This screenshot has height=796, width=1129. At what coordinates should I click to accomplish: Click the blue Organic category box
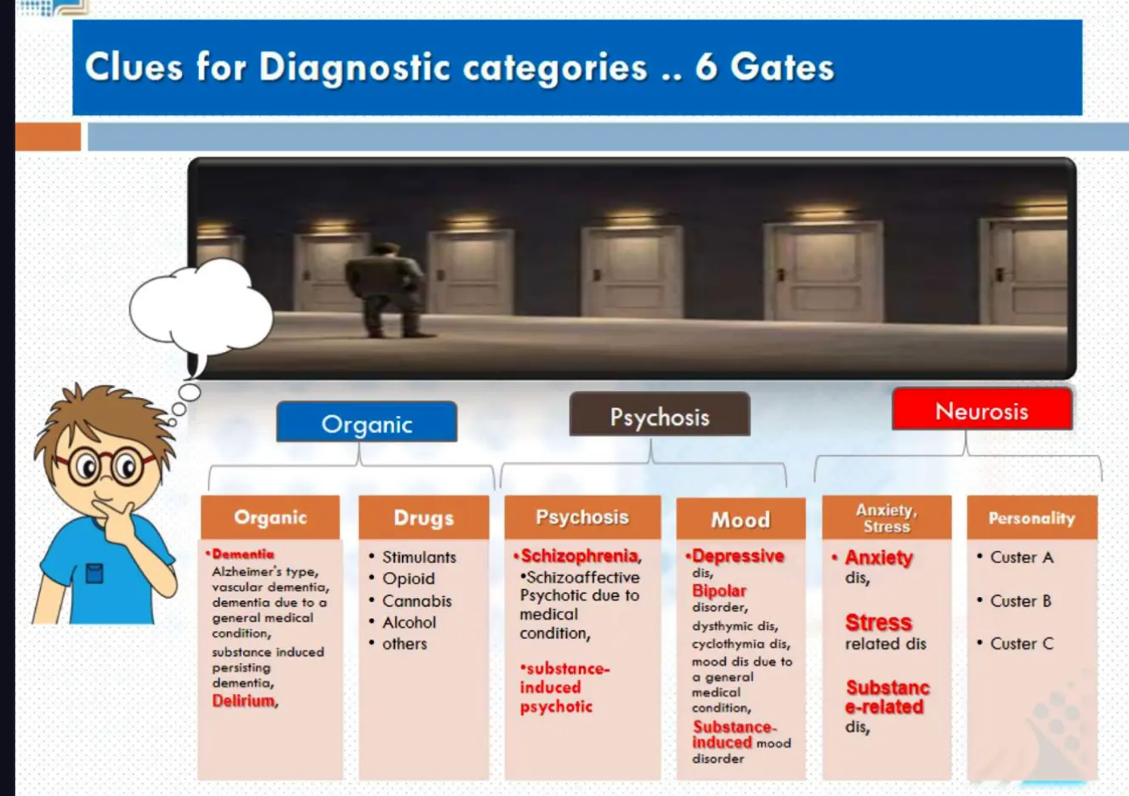coord(366,423)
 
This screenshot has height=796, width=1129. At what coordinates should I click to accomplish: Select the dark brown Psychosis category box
coord(660,416)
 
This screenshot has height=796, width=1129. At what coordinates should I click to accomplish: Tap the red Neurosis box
coord(982,411)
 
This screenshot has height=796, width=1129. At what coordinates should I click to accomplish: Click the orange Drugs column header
coord(423,517)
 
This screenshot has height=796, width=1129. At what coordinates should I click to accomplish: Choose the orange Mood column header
coord(740,519)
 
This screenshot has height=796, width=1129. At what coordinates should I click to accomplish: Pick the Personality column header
coord(1031,518)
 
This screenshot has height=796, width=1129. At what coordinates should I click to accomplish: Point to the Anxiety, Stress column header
coord(886,518)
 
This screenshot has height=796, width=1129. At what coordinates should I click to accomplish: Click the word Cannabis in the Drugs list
coord(417,601)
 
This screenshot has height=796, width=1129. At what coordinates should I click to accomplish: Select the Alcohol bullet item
coord(409,623)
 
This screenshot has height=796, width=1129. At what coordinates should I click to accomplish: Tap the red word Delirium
coord(244,701)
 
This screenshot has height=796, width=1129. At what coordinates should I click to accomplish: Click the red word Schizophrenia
coord(579,555)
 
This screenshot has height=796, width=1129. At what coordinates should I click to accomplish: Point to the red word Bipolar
coord(719,590)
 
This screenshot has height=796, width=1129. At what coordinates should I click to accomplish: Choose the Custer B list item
coord(1020,600)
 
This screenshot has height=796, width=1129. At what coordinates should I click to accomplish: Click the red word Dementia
coord(243,554)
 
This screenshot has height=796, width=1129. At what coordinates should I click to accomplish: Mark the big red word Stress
coord(878,623)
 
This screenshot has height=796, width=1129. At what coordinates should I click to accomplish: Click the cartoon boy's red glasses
coord(106,466)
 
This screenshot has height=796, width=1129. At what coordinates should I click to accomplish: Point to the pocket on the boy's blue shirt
coord(94,574)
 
